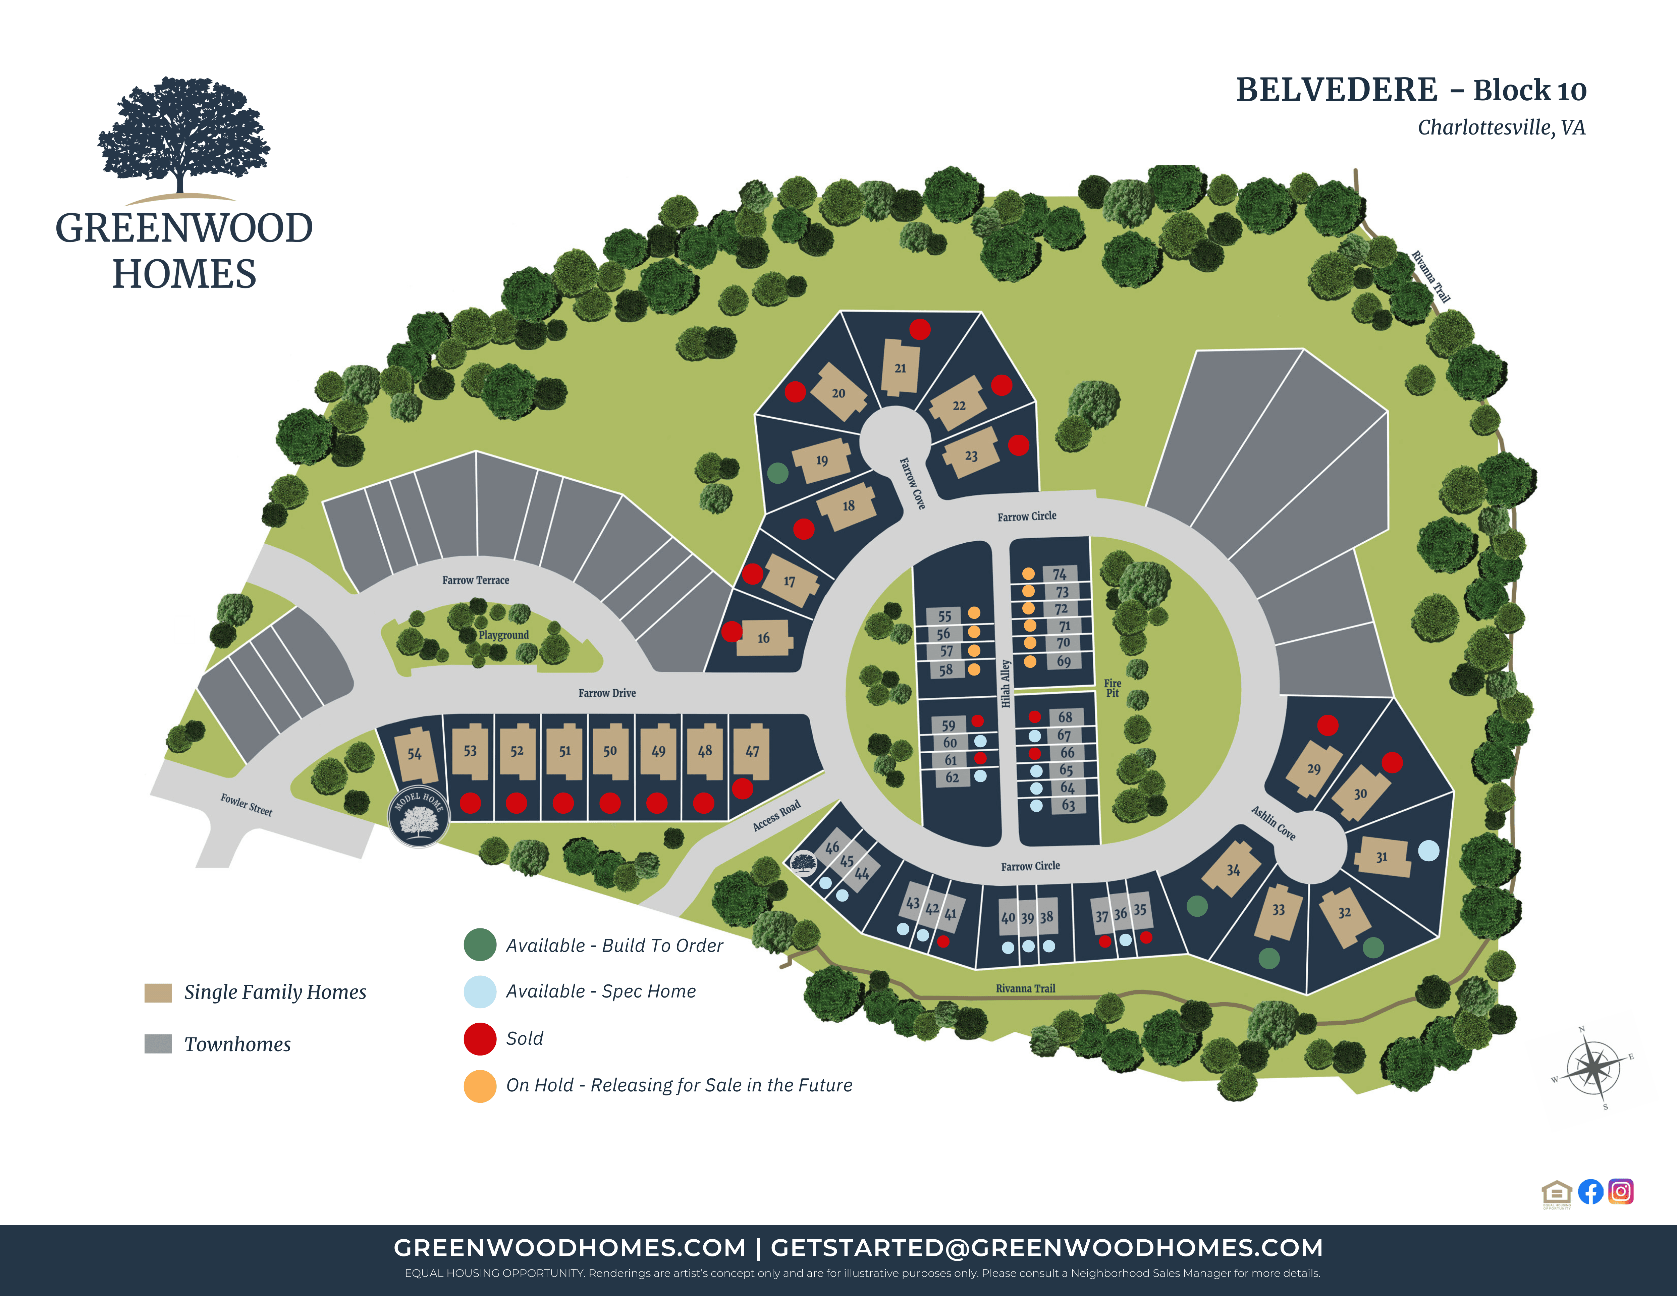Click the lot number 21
click(900, 369)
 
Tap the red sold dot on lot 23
click(1018, 445)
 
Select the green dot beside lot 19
click(778, 473)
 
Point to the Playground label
click(504, 635)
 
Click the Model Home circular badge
click(419, 816)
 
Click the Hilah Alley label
click(1006, 683)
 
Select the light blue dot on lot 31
click(1428, 851)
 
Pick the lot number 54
click(415, 754)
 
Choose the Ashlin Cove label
click(1273, 823)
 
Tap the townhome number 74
click(1060, 574)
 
